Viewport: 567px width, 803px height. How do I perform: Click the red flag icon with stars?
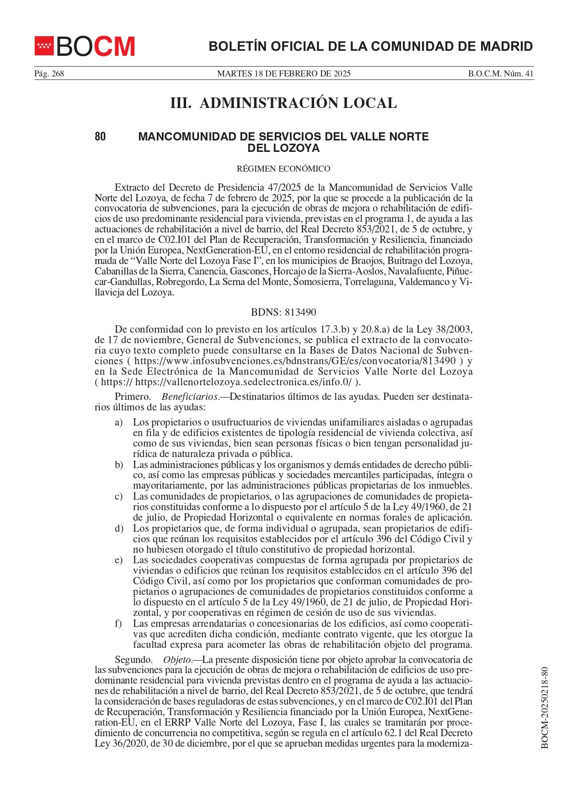tap(44, 46)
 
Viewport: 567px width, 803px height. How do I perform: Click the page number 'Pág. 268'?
tap(49, 74)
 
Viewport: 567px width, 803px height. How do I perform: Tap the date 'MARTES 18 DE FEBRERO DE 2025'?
tap(283, 74)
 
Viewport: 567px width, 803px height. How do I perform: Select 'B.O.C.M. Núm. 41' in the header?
tap(500, 74)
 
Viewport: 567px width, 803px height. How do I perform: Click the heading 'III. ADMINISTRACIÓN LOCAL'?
tap(283, 103)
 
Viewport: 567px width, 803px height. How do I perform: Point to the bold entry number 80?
tap(100, 136)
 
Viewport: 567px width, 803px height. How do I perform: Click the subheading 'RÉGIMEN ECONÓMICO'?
tap(283, 169)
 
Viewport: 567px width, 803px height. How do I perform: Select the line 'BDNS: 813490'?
tap(283, 313)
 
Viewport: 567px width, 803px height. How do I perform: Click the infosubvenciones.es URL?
tap(295, 361)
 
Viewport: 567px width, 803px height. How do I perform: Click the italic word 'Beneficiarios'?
tap(189, 397)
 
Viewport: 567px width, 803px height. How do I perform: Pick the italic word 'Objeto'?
tap(177, 660)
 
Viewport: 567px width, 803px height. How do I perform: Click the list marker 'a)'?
tap(119, 422)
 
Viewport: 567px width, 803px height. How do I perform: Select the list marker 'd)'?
tap(119, 528)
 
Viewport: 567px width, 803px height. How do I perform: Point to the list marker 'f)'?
tap(118, 624)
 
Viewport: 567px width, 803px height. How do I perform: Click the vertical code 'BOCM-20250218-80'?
tap(544, 708)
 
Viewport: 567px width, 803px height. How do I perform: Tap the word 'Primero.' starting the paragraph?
tap(133, 397)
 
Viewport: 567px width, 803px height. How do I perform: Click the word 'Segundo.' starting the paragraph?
tap(134, 660)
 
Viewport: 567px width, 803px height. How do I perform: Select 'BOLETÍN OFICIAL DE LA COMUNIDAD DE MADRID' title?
tap(370, 46)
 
